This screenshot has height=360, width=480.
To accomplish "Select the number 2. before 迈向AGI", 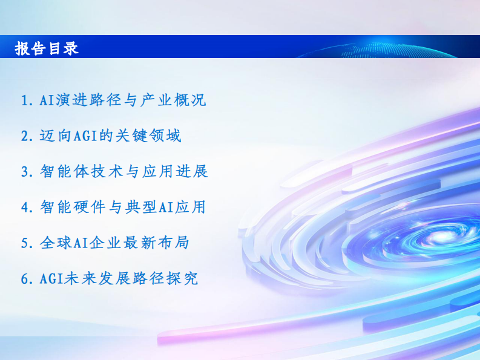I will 26,136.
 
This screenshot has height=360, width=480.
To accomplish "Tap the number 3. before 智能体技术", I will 26,172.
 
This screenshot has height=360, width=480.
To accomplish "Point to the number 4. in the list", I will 26,208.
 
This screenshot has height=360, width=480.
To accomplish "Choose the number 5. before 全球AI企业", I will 26,243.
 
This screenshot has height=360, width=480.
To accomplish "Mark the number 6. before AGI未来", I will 26,279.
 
